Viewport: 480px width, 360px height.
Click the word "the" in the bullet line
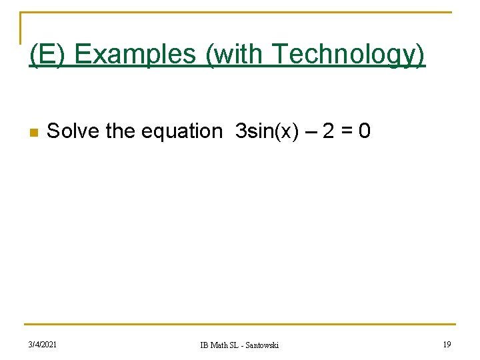[x=120, y=131]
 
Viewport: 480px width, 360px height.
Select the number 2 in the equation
[x=328, y=131]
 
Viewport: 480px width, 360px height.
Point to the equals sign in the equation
[x=345, y=131]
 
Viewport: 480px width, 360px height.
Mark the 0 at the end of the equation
[x=364, y=131]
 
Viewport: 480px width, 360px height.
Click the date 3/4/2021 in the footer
[x=43, y=344]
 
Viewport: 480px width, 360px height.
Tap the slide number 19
[x=446, y=344]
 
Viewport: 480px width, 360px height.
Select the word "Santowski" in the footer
[x=262, y=345]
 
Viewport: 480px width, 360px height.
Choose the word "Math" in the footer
[x=220, y=345]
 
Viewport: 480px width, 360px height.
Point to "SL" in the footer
[x=236, y=345]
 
